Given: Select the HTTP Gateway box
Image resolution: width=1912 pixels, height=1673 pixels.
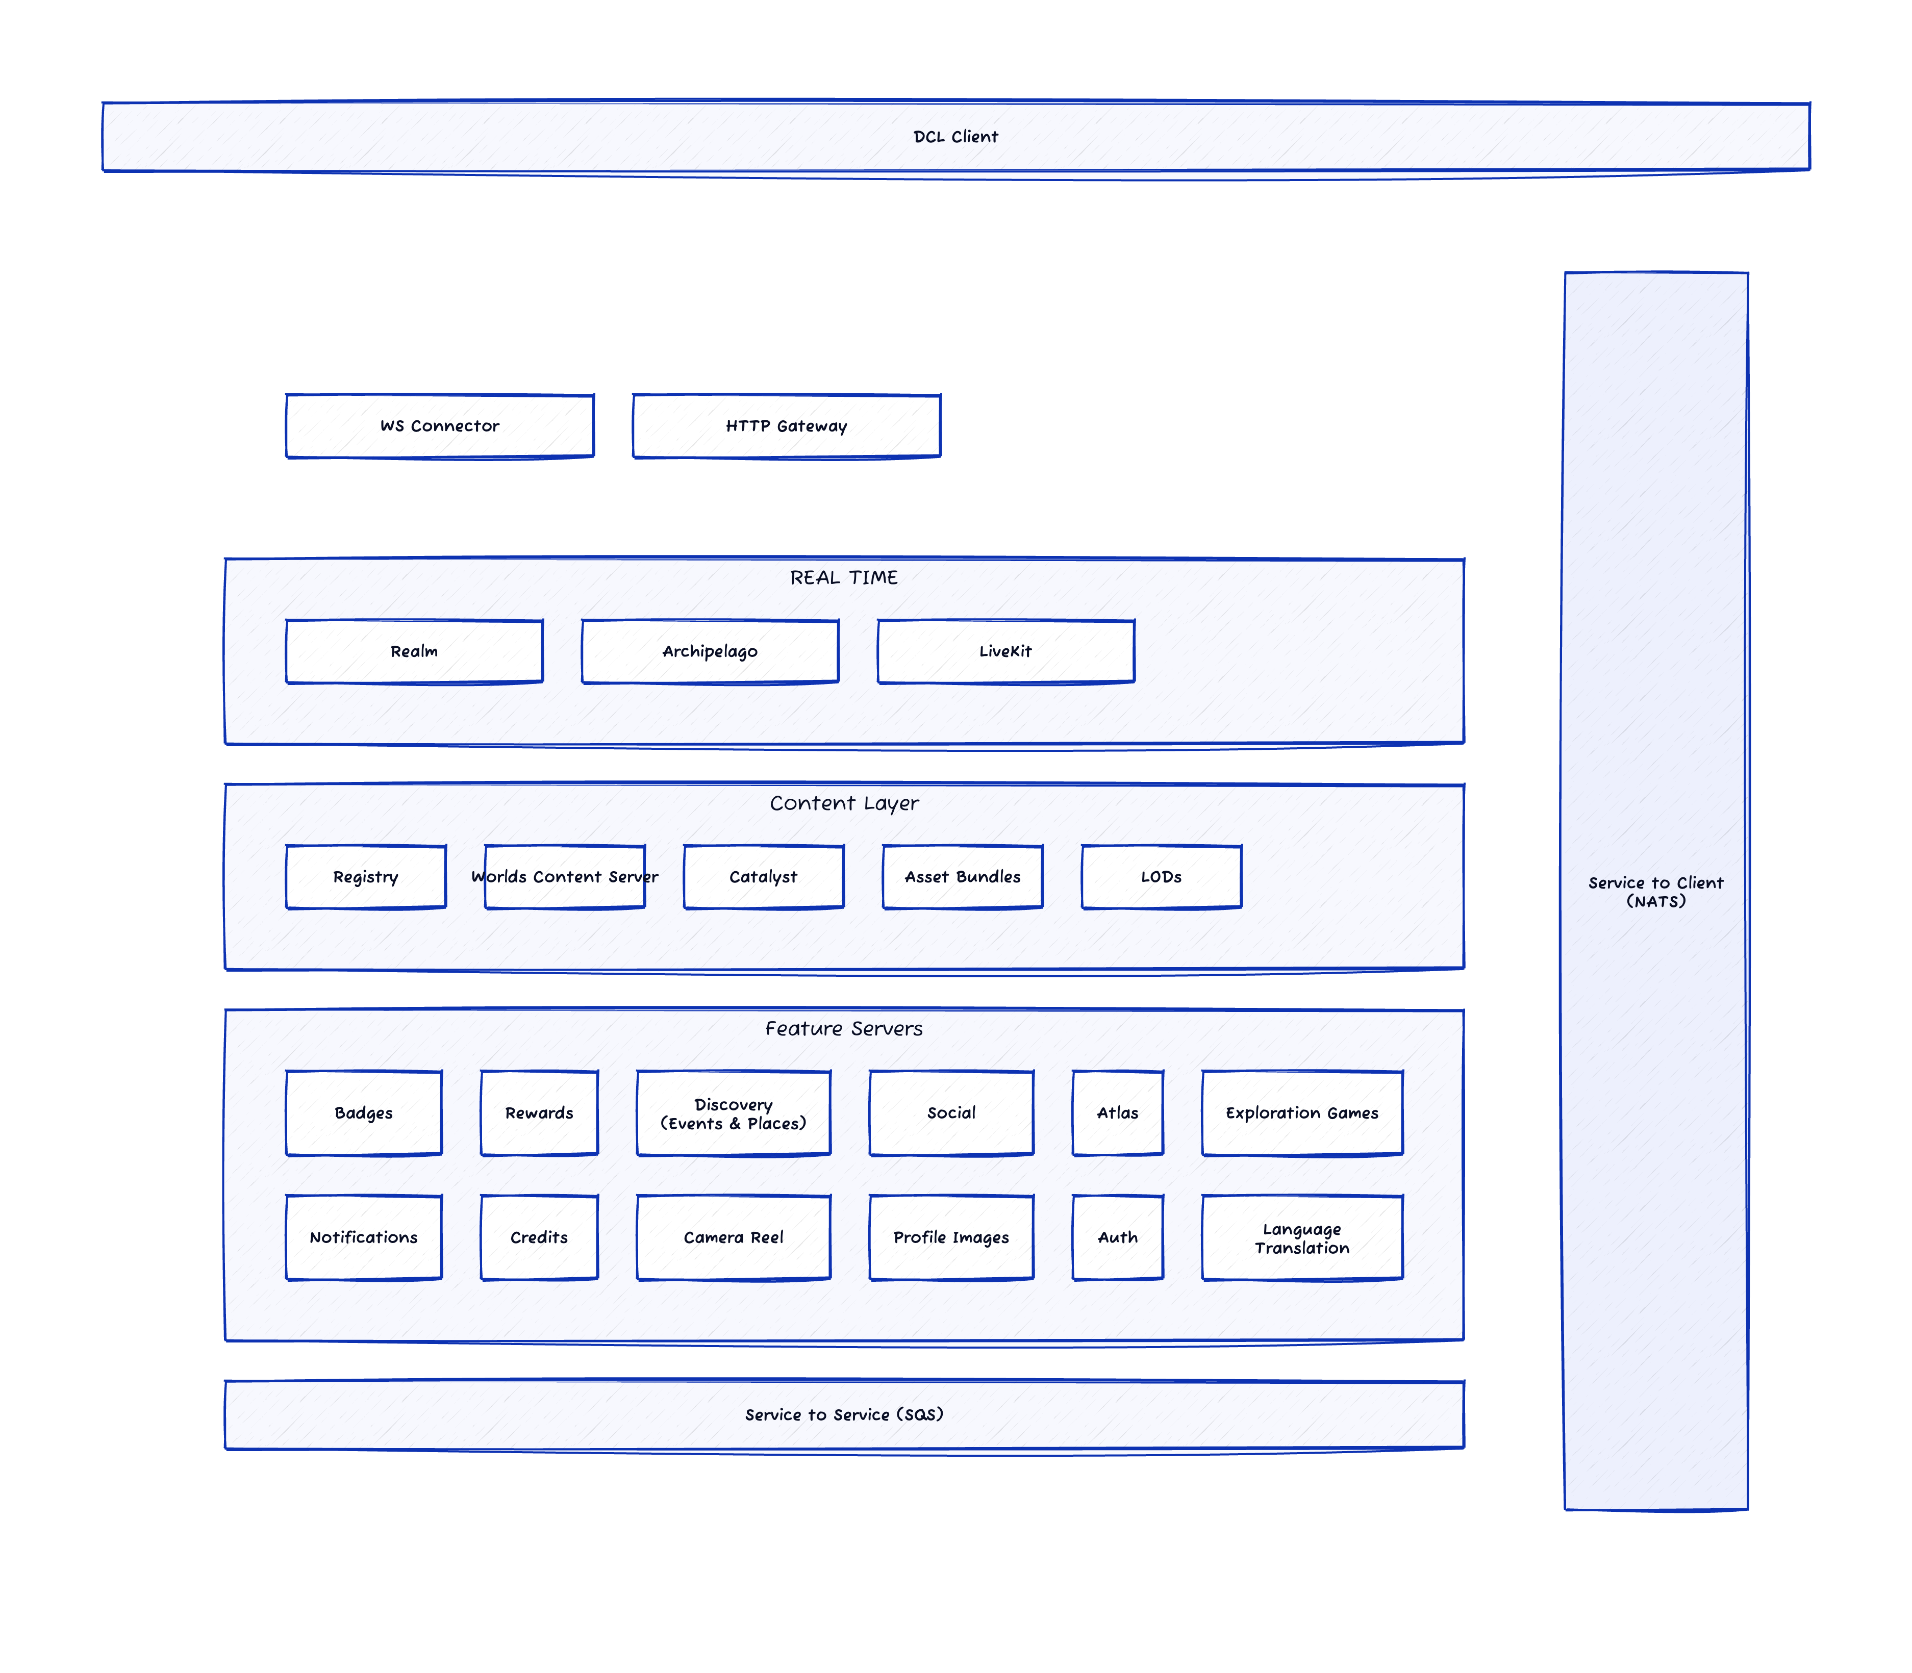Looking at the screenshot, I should (786, 426).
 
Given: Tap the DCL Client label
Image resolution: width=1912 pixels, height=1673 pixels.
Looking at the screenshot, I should (955, 136).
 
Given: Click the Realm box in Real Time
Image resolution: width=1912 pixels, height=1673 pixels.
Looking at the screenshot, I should (414, 651).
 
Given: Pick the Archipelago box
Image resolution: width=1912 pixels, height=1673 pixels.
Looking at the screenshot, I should (710, 651).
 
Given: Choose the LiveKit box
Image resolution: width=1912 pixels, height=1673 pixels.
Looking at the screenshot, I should (1005, 651).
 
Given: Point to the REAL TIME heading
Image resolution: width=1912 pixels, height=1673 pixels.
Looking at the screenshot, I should (843, 577).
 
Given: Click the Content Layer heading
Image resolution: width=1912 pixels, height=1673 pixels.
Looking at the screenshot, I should (843, 803).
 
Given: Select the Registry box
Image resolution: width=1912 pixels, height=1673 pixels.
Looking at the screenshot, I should (365, 877).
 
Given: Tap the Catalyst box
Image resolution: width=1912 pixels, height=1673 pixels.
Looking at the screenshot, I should (763, 877).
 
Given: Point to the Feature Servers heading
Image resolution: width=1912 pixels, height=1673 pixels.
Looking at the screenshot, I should (843, 1028).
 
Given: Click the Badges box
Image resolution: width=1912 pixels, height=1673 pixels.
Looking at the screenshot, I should (363, 1113).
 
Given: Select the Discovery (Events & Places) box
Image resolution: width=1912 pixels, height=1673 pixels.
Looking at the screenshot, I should (733, 1113).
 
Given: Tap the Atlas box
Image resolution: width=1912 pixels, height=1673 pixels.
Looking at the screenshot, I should (1118, 1113).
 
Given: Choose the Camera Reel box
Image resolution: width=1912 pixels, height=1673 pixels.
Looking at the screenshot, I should (733, 1237).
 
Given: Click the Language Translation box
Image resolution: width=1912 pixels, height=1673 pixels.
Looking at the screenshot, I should (1301, 1238).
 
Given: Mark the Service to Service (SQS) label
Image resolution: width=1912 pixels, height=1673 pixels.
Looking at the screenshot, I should (843, 1414).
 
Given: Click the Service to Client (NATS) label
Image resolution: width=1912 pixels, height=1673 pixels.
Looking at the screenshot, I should (1655, 892).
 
